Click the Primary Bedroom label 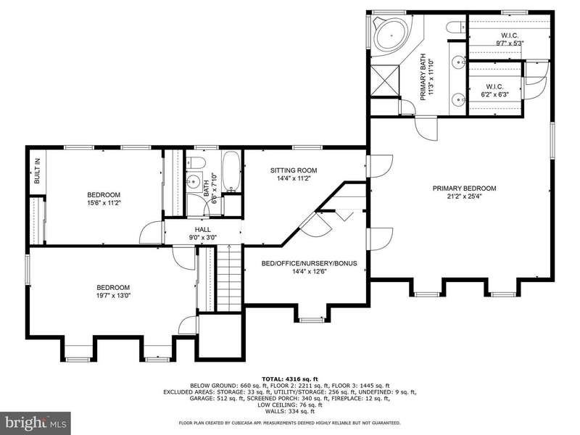tap(464, 188)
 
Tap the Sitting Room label tap(294, 170)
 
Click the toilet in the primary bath tap(456, 28)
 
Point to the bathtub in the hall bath tap(231, 172)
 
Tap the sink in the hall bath tap(193, 181)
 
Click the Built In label tap(37, 171)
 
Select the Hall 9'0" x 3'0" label tap(203, 233)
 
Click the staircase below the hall tap(229, 278)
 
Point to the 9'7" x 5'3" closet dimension tap(510, 43)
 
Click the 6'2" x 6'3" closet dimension tap(495, 94)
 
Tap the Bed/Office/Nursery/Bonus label tap(310, 263)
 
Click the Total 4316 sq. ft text tap(290, 378)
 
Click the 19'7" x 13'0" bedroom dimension tap(113, 296)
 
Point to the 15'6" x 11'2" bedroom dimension tap(104, 203)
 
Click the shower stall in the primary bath tap(386, 80)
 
